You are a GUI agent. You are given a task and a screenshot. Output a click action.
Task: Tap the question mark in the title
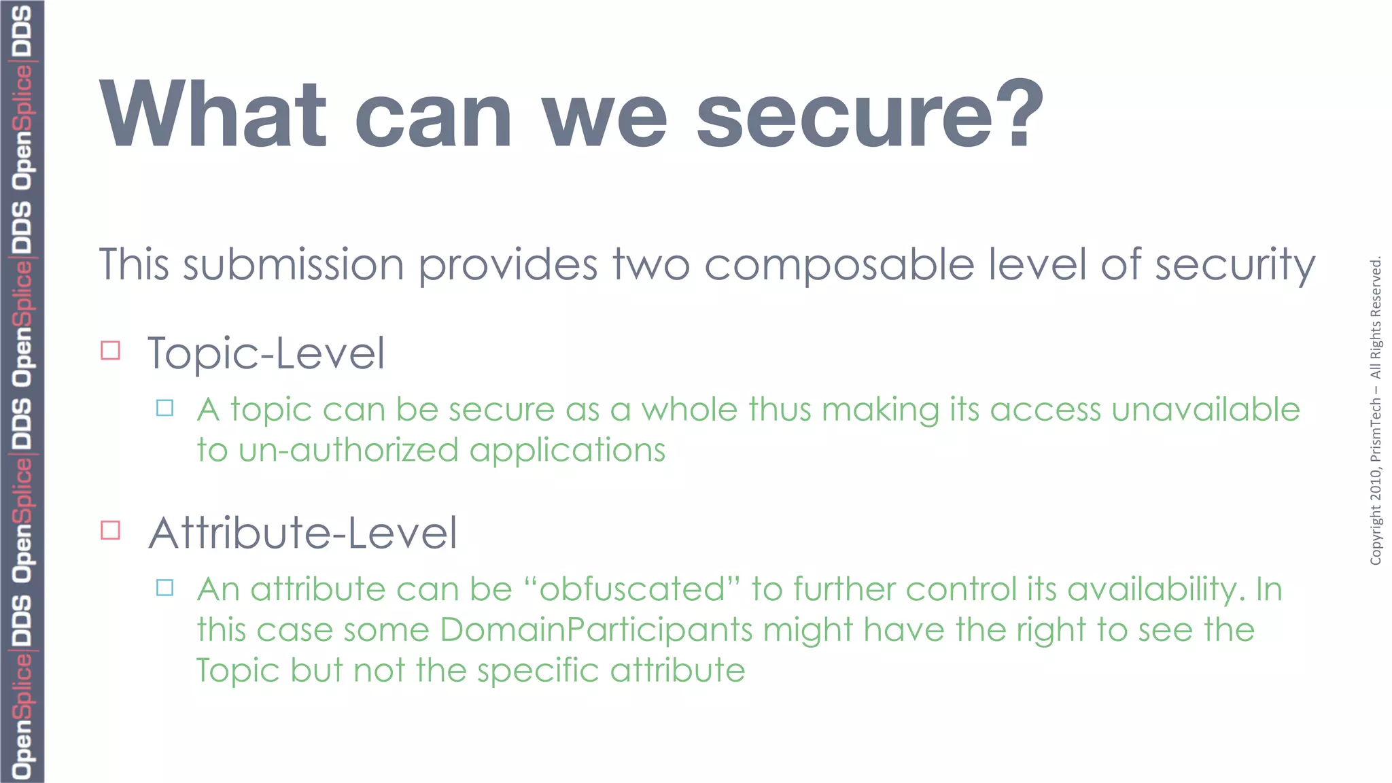[1025, 114]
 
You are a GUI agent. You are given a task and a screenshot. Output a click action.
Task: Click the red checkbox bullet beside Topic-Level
[110, 350]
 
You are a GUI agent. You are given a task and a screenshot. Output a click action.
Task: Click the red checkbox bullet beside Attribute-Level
[110, 529]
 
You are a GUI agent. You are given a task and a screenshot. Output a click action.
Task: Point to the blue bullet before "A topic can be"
[164, 408]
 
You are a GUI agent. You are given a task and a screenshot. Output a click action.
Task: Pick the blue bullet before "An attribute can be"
[164, 587]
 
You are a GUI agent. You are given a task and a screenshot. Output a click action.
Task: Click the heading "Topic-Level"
[266, 353]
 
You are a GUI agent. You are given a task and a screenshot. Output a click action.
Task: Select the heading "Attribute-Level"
[302, 533]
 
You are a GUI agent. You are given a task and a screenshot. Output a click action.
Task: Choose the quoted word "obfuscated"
[632, 589]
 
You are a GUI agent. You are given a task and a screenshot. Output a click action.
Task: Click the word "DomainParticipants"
[596, 630]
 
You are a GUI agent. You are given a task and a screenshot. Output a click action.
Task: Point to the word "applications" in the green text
[567, 451]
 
